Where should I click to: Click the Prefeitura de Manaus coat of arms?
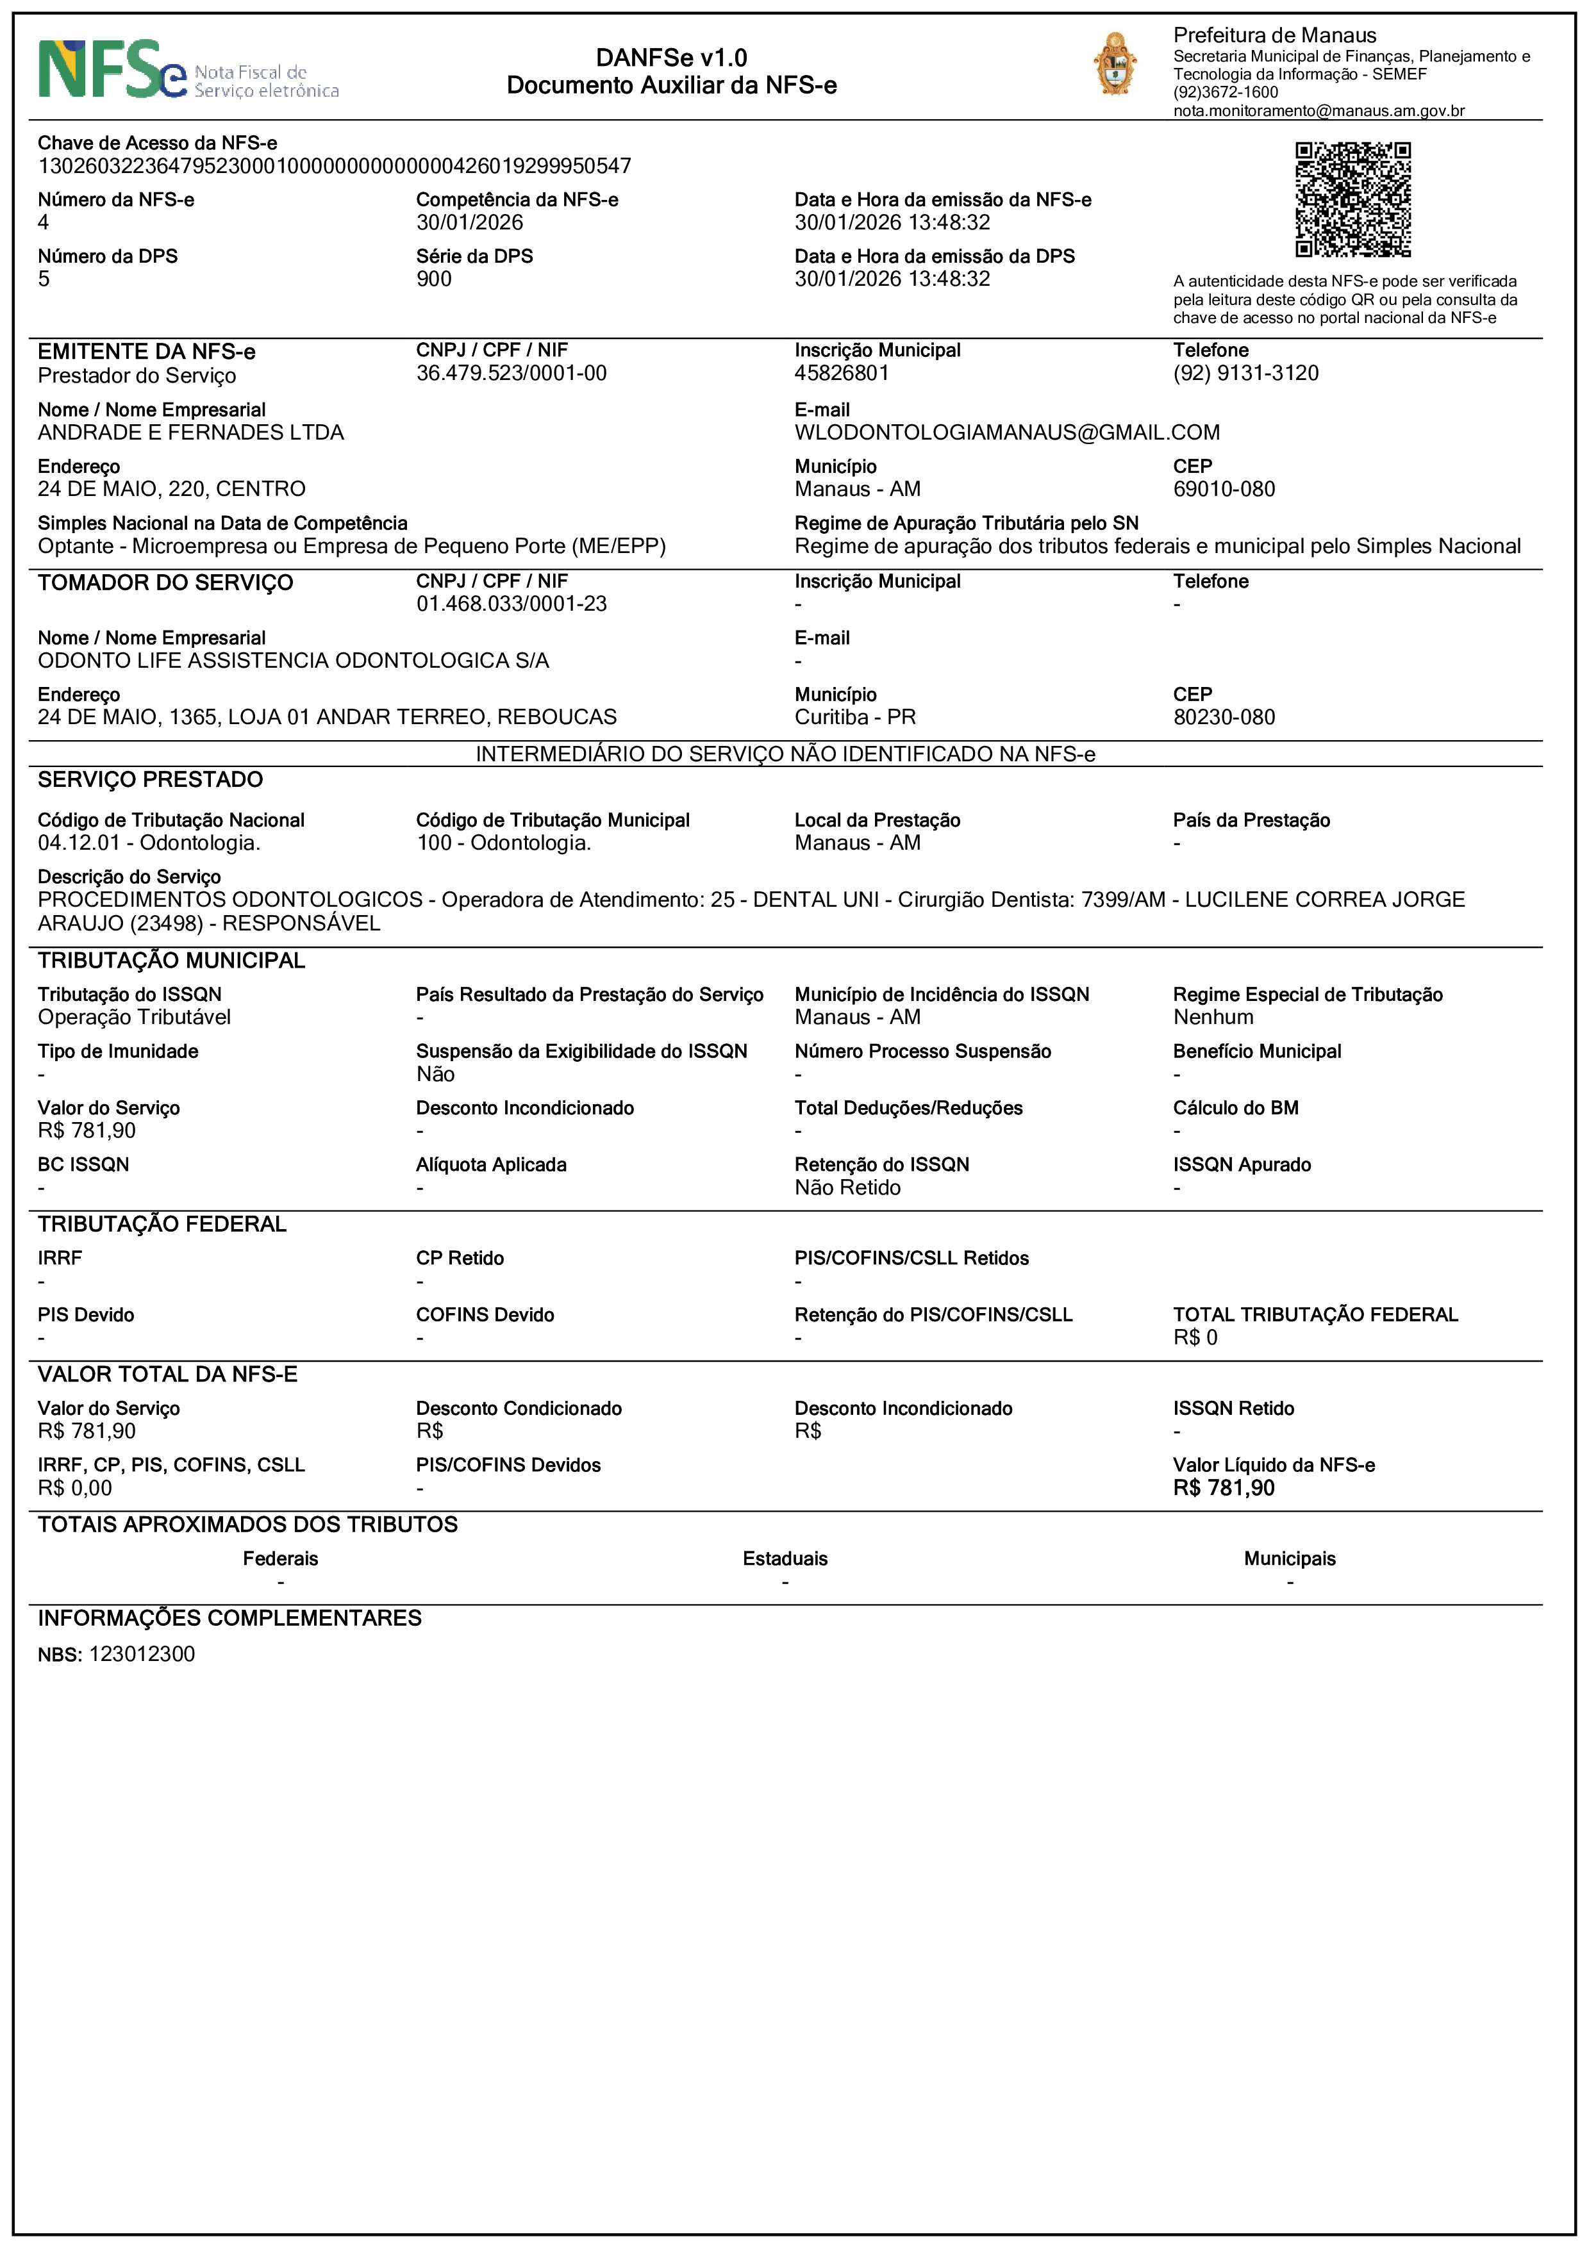(1115, 65)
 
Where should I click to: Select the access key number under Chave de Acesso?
(334, 167)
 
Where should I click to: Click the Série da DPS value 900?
(434, 279)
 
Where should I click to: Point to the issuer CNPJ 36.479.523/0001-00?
(511, 373)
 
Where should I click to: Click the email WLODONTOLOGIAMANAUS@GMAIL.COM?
(1006, 433)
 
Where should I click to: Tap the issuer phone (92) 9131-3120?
(1245, 373)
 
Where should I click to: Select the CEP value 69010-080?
(1224, 488)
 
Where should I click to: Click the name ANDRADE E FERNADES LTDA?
(191, 433)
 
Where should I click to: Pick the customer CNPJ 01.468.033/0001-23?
(511, 604)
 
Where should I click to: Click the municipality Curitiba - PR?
(854, 716)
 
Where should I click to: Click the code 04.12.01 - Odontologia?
(149, 843)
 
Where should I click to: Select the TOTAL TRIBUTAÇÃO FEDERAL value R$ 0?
(1195, 1337)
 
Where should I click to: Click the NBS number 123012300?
(142, 1654)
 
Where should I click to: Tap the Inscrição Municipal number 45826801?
(841, 373)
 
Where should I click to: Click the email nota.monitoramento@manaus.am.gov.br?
(1319, 111)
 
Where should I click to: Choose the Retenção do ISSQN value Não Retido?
(847, 1187)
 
